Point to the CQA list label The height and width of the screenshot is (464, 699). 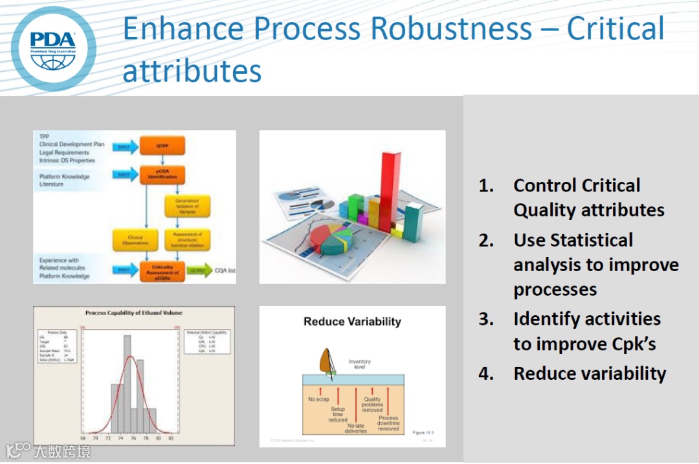tap(225, 271)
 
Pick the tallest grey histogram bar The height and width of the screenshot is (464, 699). tap(127, 383)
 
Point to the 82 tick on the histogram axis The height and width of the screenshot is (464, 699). tap(170, 438)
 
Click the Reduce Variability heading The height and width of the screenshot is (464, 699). tap(352, 322)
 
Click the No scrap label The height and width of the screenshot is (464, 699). tap(319, 399)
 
